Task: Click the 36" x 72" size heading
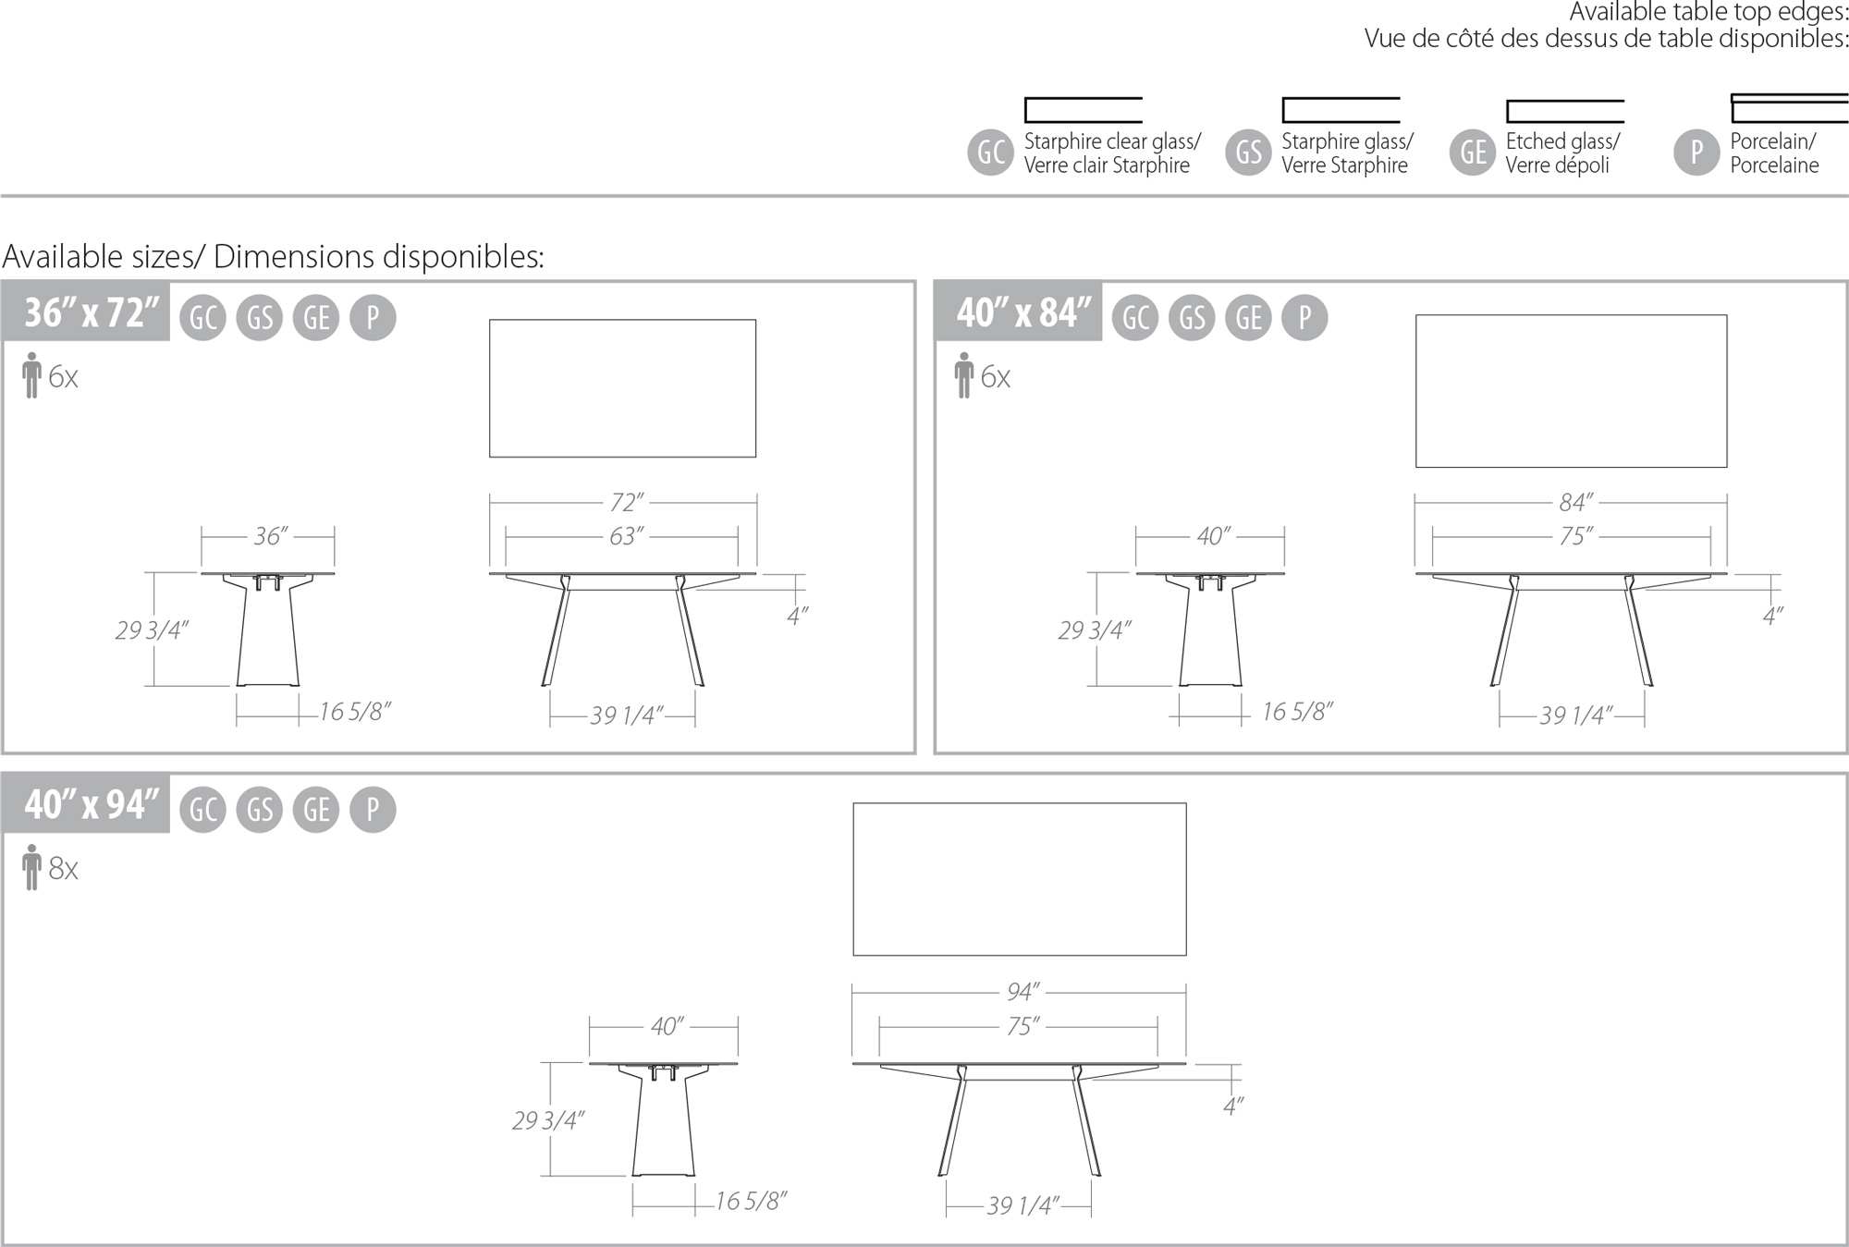click(90, 312)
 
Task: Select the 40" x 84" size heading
click(1022, 312)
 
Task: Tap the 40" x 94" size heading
click(90, 804)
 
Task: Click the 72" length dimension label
click(626, 502)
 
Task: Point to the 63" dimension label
click(626, 536)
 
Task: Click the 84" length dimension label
click(1575, 502)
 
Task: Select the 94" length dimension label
click(1022, 992)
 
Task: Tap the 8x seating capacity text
click(63, 868)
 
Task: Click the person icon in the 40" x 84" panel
click(963, 375)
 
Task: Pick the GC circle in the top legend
click(990, 153)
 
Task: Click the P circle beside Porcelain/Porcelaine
click(1696, 153)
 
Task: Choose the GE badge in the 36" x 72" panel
click(316, 318)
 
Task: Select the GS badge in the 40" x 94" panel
click(260, 810)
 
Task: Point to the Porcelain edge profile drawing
click(1788, 108)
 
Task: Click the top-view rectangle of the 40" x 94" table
click(1019, 878)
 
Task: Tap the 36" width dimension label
click(270, 536)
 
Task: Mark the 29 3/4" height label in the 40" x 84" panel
click(1094, 630)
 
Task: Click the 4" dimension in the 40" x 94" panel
click(1232, 1106)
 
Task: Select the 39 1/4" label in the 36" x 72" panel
click(626, 715)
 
